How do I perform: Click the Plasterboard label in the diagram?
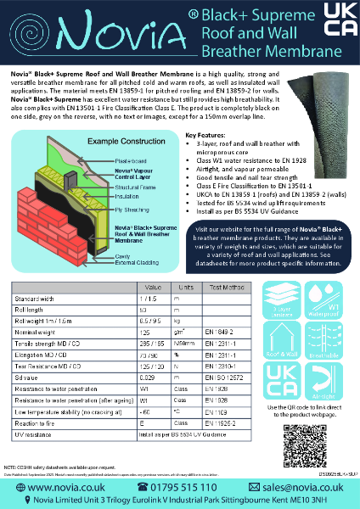click(x=127, y=159)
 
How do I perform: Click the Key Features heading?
click(x=205, y=135)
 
